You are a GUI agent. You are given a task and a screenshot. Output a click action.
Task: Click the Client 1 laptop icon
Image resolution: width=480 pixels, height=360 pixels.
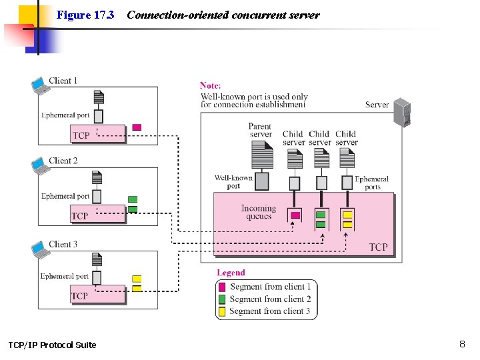[40, 86]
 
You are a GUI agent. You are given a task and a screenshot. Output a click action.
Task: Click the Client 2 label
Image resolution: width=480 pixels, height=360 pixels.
[63, 161]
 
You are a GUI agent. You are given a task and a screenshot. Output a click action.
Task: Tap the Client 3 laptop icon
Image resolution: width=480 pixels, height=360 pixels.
[40, 249]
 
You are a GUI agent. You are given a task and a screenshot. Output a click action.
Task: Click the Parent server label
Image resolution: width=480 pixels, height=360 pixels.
[260, 130]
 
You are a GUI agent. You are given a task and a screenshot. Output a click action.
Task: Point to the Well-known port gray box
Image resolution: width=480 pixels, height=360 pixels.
[262, 181]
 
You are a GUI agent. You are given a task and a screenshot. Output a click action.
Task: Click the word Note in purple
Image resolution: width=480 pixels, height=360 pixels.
[210, 85]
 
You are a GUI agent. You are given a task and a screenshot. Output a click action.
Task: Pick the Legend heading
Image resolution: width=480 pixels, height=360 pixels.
[231, 273]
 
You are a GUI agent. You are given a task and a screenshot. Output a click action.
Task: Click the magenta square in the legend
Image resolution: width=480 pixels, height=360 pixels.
[223, 287]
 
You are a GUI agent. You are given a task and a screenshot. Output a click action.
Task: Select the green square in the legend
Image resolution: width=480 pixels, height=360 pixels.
[223, 299]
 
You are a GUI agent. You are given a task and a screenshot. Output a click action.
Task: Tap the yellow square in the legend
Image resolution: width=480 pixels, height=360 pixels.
[223, 311]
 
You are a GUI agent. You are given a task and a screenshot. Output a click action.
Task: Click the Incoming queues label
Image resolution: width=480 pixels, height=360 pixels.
[258, 212]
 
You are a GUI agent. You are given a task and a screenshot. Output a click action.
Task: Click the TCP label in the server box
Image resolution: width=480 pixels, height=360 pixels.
[378, 247]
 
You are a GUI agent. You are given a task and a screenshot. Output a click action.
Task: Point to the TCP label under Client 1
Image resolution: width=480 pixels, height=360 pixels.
[81, 135]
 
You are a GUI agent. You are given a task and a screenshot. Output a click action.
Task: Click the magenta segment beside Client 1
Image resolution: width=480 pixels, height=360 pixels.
[137, 127]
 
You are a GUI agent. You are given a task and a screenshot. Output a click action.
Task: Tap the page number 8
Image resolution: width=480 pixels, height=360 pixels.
[462, 344]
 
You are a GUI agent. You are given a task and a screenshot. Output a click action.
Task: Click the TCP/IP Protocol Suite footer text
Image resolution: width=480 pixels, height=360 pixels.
[52, 345]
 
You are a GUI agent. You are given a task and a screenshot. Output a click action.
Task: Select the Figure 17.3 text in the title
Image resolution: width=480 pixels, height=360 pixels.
[85, 15]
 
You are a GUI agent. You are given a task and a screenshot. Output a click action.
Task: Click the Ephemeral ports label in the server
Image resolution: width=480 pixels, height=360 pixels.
[371, 183]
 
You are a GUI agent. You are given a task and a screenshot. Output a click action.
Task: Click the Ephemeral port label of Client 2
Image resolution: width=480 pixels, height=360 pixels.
[65, 196]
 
